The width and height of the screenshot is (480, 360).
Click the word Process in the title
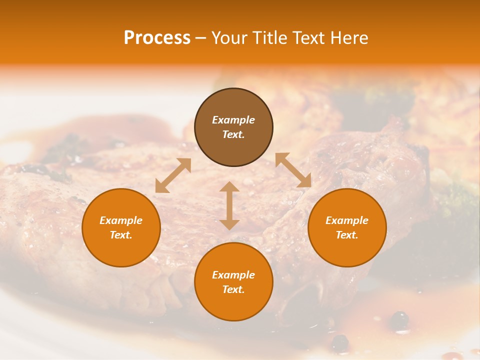coord(157,38)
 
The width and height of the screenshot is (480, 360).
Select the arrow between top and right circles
coord(293,170)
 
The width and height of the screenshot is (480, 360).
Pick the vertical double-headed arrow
coord(229,205)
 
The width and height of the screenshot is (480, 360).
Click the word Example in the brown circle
coord(233,120)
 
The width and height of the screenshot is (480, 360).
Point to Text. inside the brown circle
coord(233,134)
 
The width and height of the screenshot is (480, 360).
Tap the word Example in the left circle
coord(121,220)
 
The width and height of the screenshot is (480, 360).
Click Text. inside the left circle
coord(121,235)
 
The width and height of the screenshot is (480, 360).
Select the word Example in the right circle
coord(347,220)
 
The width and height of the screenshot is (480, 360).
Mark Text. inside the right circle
coord(347,235)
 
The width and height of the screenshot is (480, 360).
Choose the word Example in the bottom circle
coord(233,275)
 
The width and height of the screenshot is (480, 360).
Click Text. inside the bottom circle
coord(233,289)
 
